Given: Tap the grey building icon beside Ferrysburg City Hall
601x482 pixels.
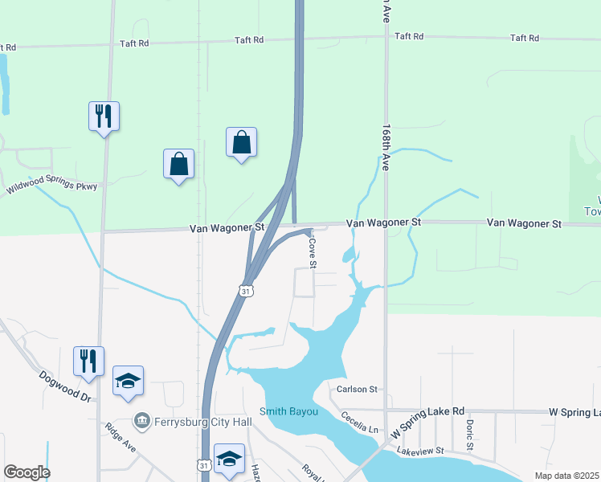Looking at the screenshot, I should click(x=142, y=421).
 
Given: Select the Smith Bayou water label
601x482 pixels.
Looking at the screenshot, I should click(x=289, y=412).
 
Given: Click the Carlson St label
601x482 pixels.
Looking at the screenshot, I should click(x=357, y=390).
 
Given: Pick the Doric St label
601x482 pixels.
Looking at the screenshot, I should click(x=470, y=434).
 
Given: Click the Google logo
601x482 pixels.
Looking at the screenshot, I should click(x=27, y=472).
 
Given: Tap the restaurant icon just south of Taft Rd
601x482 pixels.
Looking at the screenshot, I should click(x=104, y=116).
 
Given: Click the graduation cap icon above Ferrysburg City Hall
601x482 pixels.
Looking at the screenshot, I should click(x=128, y=381).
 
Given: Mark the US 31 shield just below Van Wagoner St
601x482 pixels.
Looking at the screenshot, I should click(x=246, y=289).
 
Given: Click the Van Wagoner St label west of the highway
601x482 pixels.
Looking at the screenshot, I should click(x=227, y=228).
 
